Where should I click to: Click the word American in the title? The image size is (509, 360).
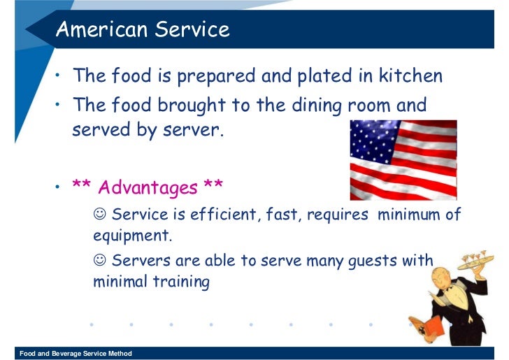click(x=100, y=30)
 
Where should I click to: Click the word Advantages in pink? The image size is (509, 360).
click(x=148, y=188)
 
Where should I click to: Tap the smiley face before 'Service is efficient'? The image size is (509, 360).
click(x=99, y=215)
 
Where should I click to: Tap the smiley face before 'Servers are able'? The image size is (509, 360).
click(x=99, y=261)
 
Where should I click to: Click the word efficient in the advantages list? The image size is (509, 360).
click(x=227, y=215)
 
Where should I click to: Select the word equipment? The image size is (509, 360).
click(x=132, y=236)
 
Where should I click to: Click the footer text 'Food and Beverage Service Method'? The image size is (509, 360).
click(x=76, y=354)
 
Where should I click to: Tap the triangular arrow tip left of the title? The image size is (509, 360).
click(x=33, y=31)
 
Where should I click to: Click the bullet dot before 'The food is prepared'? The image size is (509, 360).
click(x=59, y=73)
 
